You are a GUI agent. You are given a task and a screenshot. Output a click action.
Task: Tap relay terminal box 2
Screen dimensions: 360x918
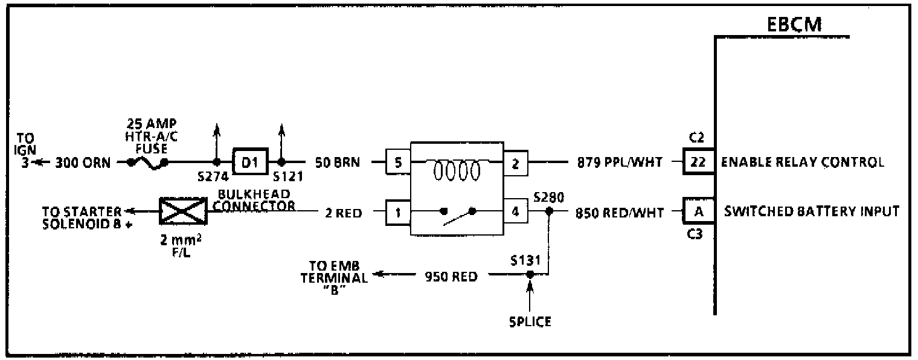(515, 162)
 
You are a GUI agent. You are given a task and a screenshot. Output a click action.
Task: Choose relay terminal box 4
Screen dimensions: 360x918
(515, 212)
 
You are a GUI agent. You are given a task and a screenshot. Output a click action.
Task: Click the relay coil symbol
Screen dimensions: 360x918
(457, 171)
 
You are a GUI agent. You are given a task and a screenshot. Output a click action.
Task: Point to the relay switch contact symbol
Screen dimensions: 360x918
(458, 214)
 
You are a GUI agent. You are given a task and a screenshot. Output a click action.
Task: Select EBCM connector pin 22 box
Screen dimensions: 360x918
(698, 162)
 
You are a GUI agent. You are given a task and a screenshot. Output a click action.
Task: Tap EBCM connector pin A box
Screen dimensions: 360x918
(698, 212)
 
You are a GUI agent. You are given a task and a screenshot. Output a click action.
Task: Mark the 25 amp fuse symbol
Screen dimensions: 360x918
(147, 162)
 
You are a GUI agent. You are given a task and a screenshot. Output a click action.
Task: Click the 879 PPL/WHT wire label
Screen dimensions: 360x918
(619, 162)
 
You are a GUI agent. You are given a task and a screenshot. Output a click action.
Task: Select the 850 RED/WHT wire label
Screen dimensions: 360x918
(619, 212)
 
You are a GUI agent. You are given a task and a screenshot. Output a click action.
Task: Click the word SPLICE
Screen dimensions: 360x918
(529, 321)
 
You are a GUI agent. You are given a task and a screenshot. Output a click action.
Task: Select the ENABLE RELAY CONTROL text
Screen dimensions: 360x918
(803, 162)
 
